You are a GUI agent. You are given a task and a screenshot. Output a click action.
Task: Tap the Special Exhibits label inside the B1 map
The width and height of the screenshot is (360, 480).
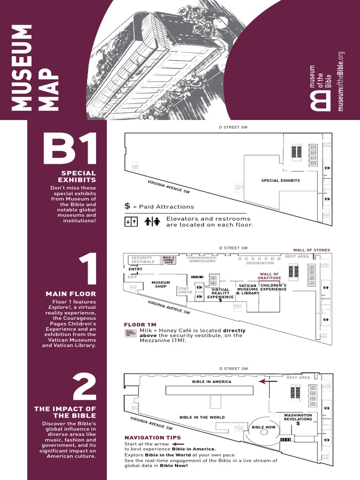click(280, 180)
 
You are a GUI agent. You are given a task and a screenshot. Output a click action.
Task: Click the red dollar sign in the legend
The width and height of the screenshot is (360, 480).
click(127, 206)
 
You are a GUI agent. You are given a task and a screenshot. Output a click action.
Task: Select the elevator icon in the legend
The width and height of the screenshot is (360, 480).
click(131, 221)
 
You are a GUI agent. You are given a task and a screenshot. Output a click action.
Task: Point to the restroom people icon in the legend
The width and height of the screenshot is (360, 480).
click(152, 221)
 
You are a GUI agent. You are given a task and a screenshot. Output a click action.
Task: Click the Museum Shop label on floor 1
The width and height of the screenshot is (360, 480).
click(160, 285)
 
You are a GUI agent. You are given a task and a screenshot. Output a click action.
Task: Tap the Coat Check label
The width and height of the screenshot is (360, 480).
click(185, 290)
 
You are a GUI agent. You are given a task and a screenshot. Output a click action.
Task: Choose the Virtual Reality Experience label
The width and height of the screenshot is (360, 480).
click(220, 293)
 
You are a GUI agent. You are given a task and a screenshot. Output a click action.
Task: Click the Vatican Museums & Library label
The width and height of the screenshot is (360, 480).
click(247, 289)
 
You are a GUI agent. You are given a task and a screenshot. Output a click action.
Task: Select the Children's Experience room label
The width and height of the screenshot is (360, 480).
click(273, 287)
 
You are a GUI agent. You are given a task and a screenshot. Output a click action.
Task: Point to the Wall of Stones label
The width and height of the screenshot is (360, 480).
click(311, 250)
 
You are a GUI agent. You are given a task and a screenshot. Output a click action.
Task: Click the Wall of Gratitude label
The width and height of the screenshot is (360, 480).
click(269, 276)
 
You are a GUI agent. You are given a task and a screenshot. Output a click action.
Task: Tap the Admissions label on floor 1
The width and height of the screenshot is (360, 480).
click(202, 261)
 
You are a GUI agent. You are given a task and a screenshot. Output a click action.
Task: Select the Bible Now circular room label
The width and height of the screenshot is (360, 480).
click(263, 427)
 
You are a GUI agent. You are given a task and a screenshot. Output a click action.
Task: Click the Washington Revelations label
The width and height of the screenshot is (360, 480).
click(298, 417)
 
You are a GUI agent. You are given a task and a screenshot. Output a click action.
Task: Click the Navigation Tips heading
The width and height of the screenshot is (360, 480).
click(152, 437)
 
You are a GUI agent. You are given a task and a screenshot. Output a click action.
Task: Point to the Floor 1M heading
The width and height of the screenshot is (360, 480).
click(140, 324)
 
